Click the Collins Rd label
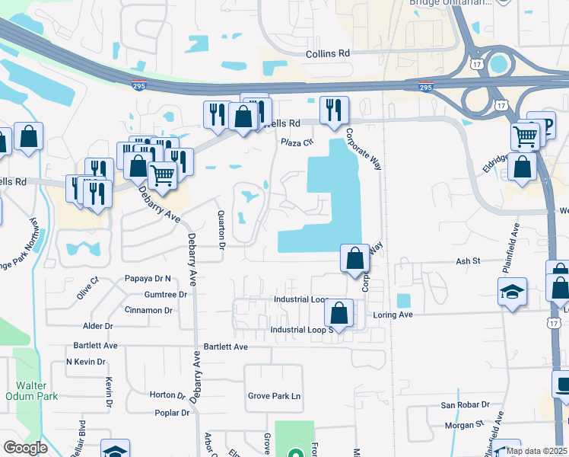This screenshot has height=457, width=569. [x=327, y=53]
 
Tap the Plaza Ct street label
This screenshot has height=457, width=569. [x=297, y=142]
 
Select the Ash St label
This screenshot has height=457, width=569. [x=468, y=260]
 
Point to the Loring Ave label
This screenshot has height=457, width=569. [x=393, y=315]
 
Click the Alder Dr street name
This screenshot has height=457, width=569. [x=98, y=325]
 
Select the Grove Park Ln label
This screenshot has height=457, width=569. [x=274, y=396]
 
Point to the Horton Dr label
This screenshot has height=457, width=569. [x=167, y=395]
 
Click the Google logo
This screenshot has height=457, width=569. [x=25, y=448]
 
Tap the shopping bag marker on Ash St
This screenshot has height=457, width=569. [x=354, y=258]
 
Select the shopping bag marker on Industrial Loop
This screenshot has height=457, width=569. [x=339, y=312]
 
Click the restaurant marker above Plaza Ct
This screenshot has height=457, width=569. [x=334, y=110]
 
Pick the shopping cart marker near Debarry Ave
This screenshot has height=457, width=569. [x=162, y=175]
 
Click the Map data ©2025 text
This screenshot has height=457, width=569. [x=537, y=451]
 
